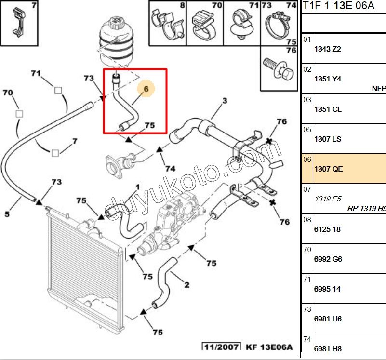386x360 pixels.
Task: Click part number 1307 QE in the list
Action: (x=329, y=169)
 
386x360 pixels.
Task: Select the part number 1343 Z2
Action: (x=328, y=49)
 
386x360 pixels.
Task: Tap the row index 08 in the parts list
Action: (x=307, y=220)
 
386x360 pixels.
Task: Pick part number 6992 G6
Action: (x=328, y=259)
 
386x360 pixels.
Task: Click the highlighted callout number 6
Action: (x=146, y=89)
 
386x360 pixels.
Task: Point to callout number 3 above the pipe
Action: (x=224, y=101)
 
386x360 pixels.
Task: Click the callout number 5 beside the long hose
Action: (x=7, y=213)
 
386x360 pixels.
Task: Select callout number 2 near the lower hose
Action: (x=187, y=285)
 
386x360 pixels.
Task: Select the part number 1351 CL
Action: (x=328, y=109)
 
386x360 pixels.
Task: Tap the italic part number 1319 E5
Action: (x=327, y=199)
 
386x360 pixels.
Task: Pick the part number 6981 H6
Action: (x=328, y=319)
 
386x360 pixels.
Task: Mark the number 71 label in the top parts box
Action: (x=253, y=6)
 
